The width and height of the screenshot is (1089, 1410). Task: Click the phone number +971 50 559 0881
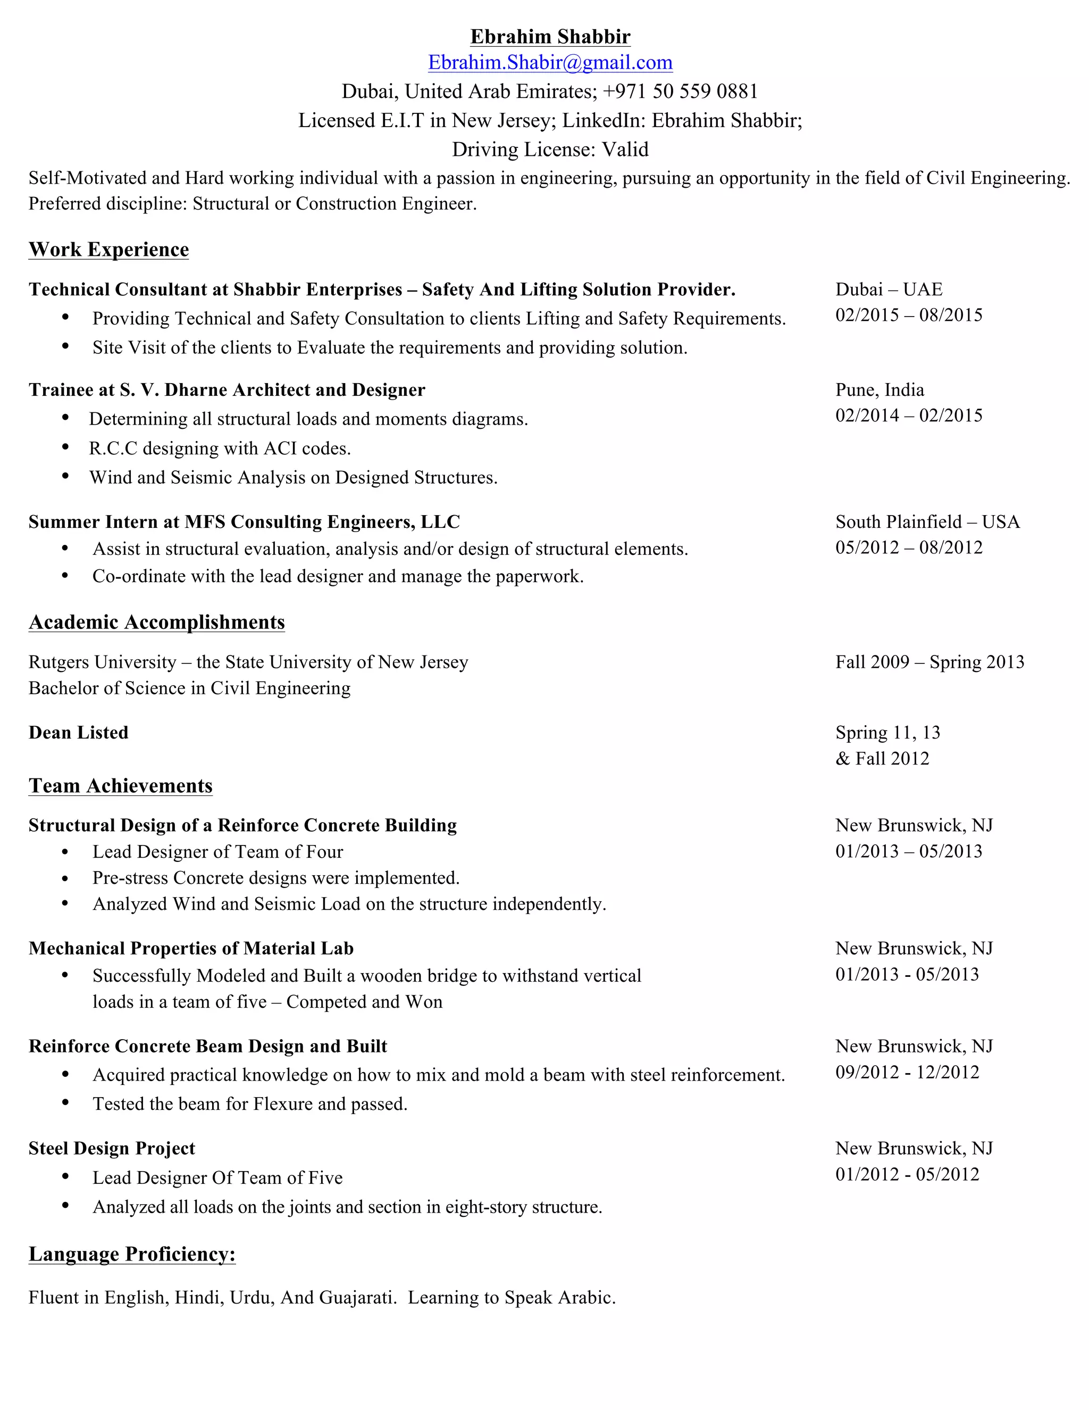click(x=680, y=91)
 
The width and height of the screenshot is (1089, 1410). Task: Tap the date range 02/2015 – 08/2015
click(x=908, y=315)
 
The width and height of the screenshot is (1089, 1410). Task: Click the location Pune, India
click(x=879, y=390)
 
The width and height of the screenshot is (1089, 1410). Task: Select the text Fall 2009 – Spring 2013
click(x=929, y=662)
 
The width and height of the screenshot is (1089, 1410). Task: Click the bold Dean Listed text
click(x=79, y=733)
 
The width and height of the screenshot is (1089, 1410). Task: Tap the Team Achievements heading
click(x=121, y=786)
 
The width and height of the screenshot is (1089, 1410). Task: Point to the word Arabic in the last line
click(x=590, y=1298)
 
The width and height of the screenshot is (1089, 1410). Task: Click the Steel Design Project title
click(x=112, y=1149)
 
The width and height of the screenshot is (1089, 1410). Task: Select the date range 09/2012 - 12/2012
click(x=907, y=1072)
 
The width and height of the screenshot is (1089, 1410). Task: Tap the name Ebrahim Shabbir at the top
click(x=550, y=36)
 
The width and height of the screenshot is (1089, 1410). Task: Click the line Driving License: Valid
click(x=550, y=149)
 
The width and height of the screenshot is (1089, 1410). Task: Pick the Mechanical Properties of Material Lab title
click(x=191, y=948)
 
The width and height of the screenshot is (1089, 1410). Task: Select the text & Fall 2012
click(x=882, y=759)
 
